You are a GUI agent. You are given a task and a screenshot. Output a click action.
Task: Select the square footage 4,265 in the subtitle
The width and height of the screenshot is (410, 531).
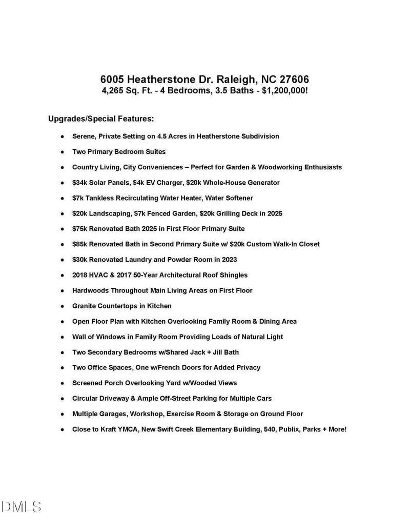point(114,91)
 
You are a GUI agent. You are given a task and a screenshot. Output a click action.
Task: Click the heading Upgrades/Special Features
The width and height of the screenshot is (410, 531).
point(101,119)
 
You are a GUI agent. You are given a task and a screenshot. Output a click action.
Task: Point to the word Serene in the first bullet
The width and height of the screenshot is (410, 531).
point(84,136)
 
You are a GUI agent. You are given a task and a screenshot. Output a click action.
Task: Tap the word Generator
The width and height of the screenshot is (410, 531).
point(262,183)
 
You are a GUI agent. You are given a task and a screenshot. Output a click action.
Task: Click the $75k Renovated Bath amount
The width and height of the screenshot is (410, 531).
point(80,229)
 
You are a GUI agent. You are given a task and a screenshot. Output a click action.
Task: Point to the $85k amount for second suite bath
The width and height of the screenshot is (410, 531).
point(80,244)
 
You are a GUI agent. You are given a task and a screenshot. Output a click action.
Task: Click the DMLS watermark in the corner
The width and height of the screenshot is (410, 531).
point(22,507)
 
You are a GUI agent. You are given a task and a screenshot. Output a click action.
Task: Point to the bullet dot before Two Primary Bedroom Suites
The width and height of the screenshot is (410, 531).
point(61,152)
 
